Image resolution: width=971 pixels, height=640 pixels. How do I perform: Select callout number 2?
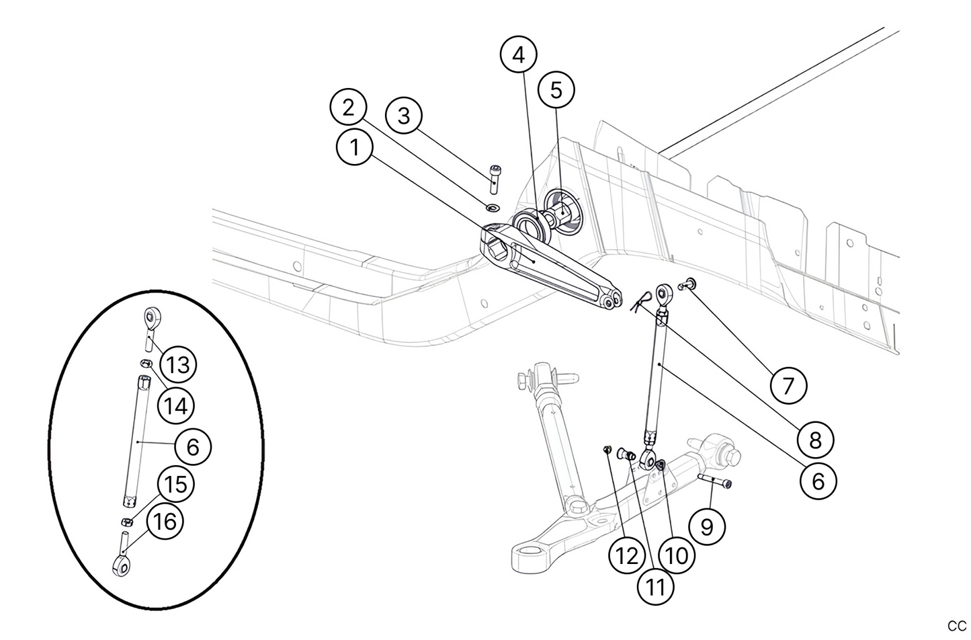point(347,108)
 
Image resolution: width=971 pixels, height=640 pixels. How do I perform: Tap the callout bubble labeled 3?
point(403,116)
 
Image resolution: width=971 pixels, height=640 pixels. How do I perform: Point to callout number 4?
point(518,56)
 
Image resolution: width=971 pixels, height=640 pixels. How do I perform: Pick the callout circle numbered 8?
point(815,440)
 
